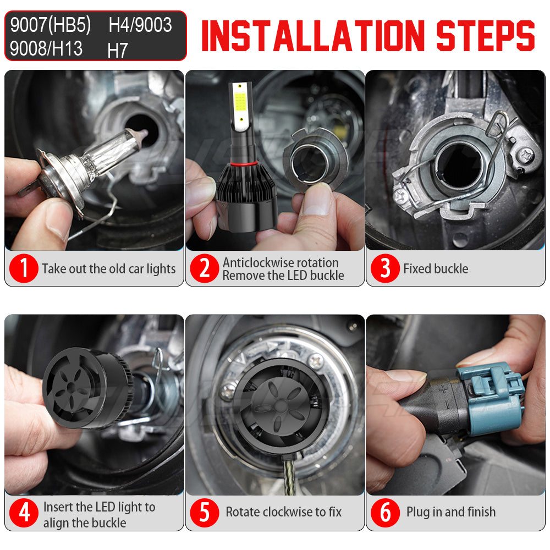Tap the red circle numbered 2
tap(205, 269)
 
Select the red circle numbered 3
tap(385, 269)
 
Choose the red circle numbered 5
tap(205, 513)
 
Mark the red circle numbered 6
tap(385, 513)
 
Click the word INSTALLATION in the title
tap(314, 36)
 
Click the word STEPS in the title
tap(485, 36)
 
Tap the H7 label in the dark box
tap(118, 51)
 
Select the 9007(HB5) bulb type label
tap(51, 25)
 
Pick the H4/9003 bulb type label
tap(140, 25)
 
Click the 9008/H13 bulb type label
tap(46, 48)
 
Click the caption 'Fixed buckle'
tap(436, 269)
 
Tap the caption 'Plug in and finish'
tap(451, 512)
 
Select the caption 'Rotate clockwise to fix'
tap(283, 512)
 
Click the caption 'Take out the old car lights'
tap(108, 269)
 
